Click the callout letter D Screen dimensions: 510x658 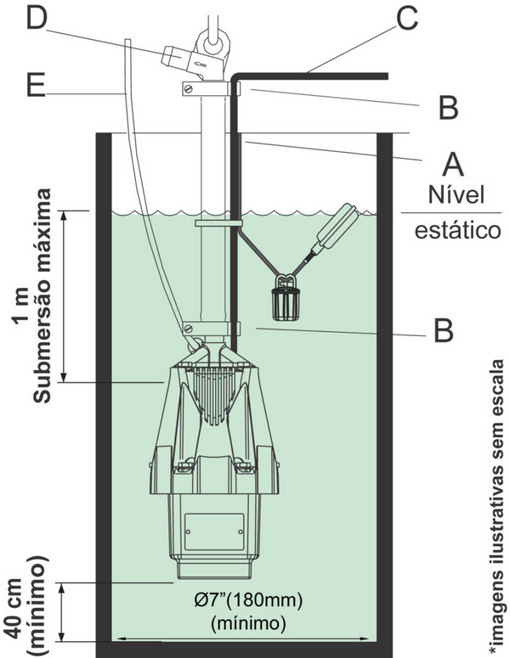click(36, 19)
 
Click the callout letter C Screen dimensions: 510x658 click(406, 19)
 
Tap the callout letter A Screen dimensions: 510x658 click(453, 164)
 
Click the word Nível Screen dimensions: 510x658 click(456, 194)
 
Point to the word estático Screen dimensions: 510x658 click(458, 230)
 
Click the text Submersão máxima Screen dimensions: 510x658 click(42, 295)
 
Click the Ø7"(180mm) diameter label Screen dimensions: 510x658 click(248, 600)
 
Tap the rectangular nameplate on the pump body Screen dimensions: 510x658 click(214, 531)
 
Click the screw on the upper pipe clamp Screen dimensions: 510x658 click(190, 89)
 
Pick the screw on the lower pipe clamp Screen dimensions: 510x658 click(189, 328)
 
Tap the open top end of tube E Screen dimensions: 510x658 click(128, 40)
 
